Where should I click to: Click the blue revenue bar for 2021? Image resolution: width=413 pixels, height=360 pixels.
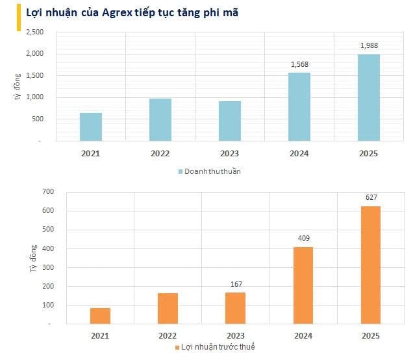[x=91, y=126]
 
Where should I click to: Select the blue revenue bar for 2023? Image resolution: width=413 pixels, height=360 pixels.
[x=230, y=121]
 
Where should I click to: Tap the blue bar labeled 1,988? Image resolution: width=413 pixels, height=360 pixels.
[x=369, y=97]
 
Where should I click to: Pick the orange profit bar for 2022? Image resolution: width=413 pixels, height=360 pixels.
[x=168, y=308]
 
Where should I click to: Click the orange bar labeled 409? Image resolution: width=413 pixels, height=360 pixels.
[x=303, y=285]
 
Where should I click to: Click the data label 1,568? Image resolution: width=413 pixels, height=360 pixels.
[x=299, y=64]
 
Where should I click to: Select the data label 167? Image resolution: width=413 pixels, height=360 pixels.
[x=235, y=283]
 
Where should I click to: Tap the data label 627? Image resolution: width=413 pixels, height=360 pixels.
[x=371, y=197]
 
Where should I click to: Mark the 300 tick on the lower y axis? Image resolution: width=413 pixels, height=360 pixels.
[x=48, y=267]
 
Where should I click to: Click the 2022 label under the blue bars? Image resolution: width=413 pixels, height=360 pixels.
[x=160, y=153]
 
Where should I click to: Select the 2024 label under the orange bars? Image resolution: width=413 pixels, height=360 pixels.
[x=303, y=335]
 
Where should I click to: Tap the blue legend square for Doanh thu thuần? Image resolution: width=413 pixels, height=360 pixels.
[x=181, y=171]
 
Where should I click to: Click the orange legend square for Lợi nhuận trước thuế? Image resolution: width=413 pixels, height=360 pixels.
[x=177, y=348]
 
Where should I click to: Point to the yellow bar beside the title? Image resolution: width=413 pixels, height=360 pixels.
[x=18, y=20]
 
